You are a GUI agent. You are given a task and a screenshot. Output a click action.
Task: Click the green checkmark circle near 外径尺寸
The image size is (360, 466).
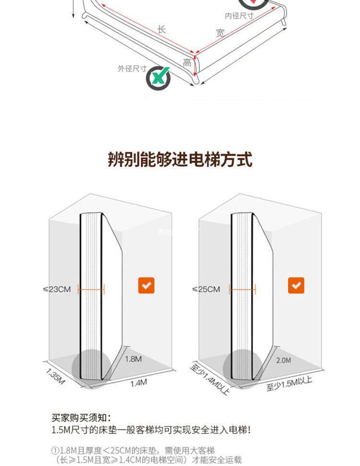tap(158, 77)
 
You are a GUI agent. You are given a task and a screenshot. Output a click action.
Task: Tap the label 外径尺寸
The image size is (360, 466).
tap(132, 69)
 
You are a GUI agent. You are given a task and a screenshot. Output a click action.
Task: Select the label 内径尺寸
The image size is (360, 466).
tap(239, 16)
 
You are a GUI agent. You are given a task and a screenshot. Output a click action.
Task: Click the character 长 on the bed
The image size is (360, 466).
tap(162, 29)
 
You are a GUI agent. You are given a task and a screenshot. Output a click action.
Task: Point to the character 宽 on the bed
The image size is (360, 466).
tap(220, 33)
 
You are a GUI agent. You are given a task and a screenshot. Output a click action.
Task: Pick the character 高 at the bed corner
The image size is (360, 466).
tap(187, 62)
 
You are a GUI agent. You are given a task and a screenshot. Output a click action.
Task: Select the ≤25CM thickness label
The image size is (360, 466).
tap(206, 289)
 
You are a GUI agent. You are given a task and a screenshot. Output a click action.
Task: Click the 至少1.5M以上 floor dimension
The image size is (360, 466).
tap(289, 384)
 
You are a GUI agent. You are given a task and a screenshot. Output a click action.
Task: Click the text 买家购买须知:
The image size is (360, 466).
tap(81, 418)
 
